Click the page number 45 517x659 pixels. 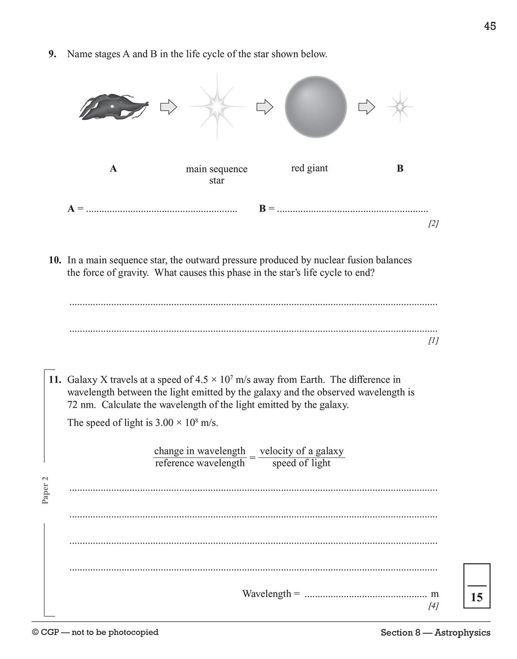(490, 26)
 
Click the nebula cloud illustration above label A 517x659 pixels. (113, 106)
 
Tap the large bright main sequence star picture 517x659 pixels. (217, 106)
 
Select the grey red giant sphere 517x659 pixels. (316, 107)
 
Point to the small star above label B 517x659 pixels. (400, 106)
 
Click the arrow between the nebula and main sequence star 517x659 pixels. (168, 106)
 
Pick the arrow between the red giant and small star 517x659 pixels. (367, 107)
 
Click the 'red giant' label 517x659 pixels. (309, 168)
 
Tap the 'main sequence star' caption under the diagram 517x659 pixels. (217, 174)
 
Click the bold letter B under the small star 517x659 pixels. (400, 169)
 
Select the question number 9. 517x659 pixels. (52, 54)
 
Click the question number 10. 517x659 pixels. (55, 260)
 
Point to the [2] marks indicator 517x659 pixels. (433, 224)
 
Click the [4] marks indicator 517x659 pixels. (433, 606)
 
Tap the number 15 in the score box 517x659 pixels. (477, 597)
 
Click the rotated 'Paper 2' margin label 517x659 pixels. (46, 490)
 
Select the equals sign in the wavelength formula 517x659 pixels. (252, 457)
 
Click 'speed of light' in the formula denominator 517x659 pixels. (301, 463)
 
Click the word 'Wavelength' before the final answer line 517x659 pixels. (267, 594)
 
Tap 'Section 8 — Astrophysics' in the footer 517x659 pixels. (435, 632)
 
